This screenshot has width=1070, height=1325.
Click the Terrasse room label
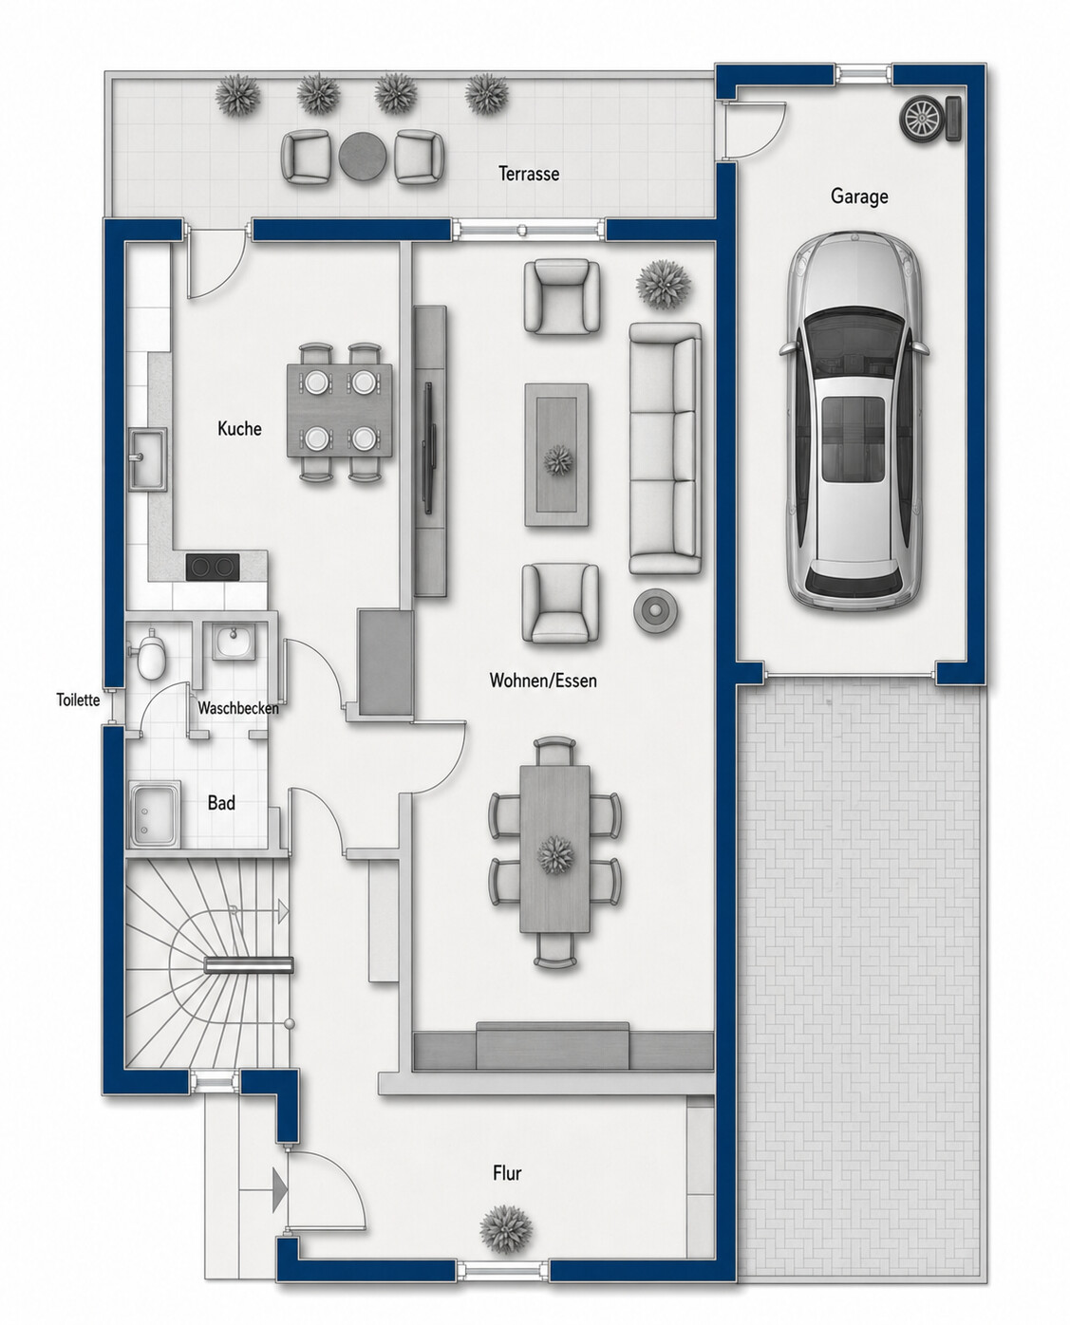(x=529, y=174)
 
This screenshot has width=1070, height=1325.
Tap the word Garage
(x=859, y=196)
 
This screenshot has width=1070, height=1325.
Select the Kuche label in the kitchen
(x=239, y=429)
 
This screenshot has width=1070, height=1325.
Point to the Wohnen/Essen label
(x=543, y=681)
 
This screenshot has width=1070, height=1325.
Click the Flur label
(x=507, y=1173)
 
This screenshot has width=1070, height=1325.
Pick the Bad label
(x=221, y=803)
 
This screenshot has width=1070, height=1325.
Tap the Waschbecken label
(x=238, y=708)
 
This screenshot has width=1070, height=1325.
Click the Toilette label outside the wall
(x=79, y=700)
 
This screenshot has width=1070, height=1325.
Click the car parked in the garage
(x=854, y=420)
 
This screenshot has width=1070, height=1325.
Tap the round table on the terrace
(x=363, y=157)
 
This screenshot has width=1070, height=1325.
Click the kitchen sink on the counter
(x=148, y=459)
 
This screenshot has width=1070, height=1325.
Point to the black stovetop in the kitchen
(x=213, y=566)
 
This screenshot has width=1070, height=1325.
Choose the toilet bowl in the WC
(x=151, y=654)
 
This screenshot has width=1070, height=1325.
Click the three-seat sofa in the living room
(x=665, y=448)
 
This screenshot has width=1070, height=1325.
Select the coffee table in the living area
(x=556, y=456)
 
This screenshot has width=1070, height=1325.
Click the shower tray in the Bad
(x=155, y=815)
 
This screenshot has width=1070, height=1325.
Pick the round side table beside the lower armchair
(x=656, y=611)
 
